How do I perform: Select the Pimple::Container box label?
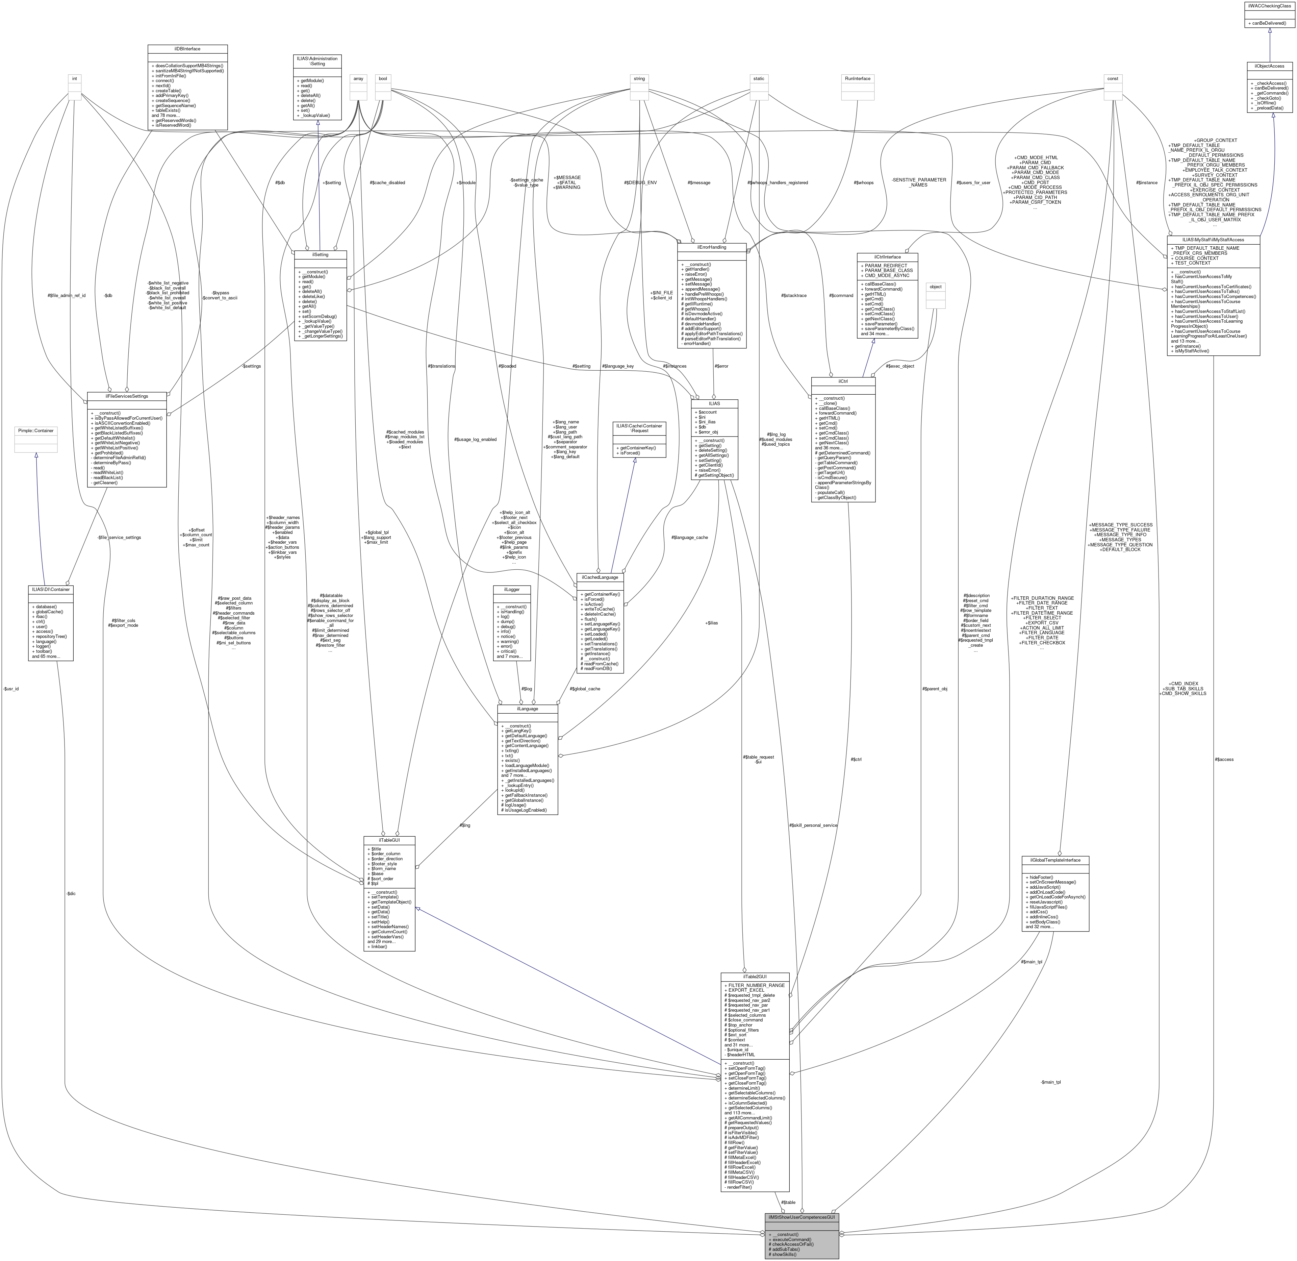(x=36, y=430)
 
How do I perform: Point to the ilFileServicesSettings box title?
(x=126, y=396)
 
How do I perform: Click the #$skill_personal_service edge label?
(x=813, y=825)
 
